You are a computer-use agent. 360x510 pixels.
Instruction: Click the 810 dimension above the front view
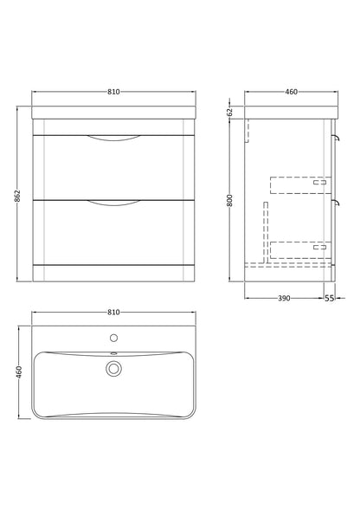coord(113,92)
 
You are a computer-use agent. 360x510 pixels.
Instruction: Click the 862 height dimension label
coord(18,196)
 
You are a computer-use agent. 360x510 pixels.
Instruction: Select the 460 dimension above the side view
coord(291,92)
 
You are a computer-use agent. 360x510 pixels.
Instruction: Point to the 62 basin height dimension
coord(230,113)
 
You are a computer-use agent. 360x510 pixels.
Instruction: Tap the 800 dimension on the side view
coord(230,200)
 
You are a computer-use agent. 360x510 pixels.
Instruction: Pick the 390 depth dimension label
coord(284,298)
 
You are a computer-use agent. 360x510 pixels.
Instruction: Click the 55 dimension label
coord(329,298)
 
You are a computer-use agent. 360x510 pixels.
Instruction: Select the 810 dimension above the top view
coord(113,313)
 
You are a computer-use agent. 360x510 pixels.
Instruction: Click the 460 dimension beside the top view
coord(19,372)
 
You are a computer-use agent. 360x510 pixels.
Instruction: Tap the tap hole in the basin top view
coord(113,338)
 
